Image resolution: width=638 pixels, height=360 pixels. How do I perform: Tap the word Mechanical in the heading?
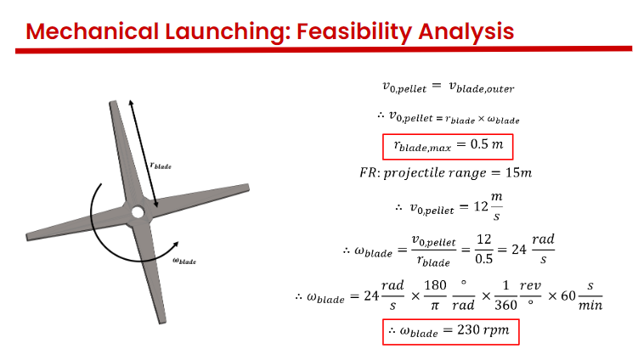pyautogui.click(x=92, y=31)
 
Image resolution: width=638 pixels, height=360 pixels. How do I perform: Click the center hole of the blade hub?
pyautogui.click(x=138, y=212)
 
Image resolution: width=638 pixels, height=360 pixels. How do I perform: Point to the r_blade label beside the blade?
pyautogui.click(x=161, y=166)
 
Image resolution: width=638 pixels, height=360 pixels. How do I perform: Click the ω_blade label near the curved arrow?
pyautogui.click(x=184, y=261)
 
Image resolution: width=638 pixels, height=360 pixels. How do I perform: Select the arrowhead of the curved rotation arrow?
pyautogui.click(x=175, y=245)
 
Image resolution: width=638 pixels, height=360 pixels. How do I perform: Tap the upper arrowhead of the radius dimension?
pyautogui.click(x=131, y=102)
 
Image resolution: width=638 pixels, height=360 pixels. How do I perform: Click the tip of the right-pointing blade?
pyautogui.click(x=248, y=187)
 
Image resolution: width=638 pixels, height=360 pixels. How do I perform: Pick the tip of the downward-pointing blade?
pyautogui.click(x=162, y=323)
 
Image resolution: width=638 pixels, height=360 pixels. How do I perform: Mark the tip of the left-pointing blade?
pyautogui.click(x=27, y=237)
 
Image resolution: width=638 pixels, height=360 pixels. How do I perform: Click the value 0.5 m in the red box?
pyautogui.click(x=487, y=144)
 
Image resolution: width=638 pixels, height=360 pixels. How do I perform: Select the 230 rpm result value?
pyautogui.click(x=483, y=330)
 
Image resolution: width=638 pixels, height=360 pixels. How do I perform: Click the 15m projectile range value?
pyautogui.click(x=518, y=173)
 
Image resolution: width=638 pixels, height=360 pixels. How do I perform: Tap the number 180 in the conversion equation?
pyautogui.click(x=435, y=285)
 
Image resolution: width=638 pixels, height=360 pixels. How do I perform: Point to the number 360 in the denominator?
pyautogui.click(x=505, y=305)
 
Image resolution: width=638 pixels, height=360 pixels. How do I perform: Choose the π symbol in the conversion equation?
pyautogui.click(x=435, y=306)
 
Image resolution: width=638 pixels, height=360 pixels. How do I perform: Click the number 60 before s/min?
pyautogui.click(x=568, y=295)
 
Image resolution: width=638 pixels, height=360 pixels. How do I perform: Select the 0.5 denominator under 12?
pyautogui.click(x=483, y=259)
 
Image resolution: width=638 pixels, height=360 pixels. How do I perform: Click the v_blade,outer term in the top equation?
pyautogui.click(x=482, y=87)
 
